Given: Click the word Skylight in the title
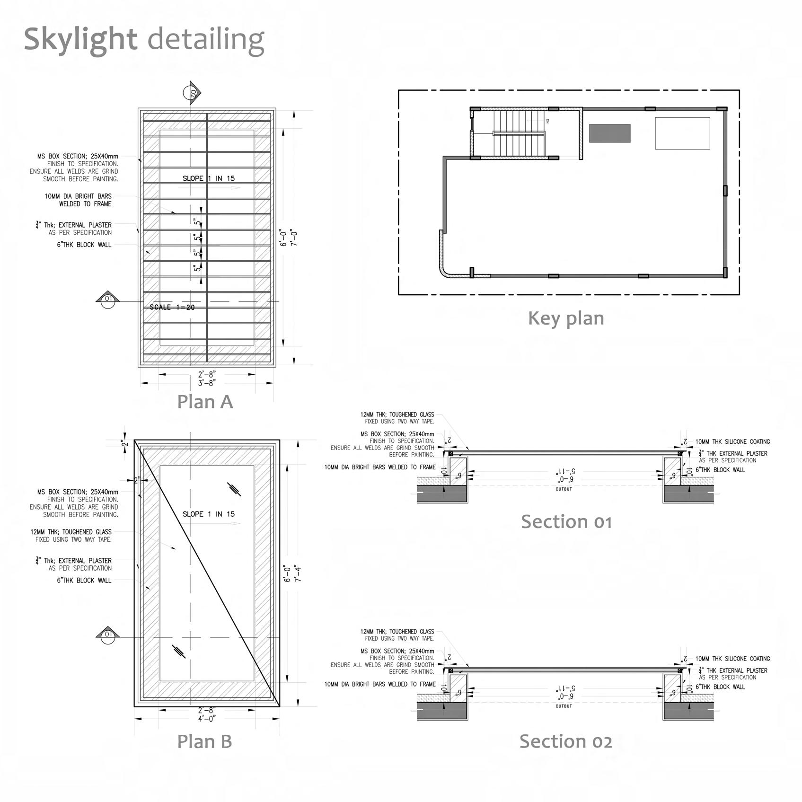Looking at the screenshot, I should (80, 39).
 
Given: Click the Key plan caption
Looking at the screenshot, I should (566, 318).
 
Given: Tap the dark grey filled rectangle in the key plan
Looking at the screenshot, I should (609, 133).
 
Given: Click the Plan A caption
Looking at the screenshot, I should (205, 402).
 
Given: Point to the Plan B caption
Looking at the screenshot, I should (204, 741).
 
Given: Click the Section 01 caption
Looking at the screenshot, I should (566, 522).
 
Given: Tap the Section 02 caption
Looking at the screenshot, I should (566, 741).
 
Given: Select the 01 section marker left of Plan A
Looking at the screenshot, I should (108, 299).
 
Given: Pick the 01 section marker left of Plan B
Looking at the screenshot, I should (108, 635).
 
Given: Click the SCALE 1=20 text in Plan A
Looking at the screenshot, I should (172, 308).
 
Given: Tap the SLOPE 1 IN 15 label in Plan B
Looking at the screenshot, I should (209, 514).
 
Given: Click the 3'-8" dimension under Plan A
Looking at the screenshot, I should (207, 383).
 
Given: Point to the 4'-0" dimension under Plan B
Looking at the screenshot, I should (207, 718).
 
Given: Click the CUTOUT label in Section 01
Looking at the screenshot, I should (564, 489).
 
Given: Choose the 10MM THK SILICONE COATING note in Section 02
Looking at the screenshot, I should (732, 659).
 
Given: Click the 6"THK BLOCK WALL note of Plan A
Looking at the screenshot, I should (84, 245).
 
